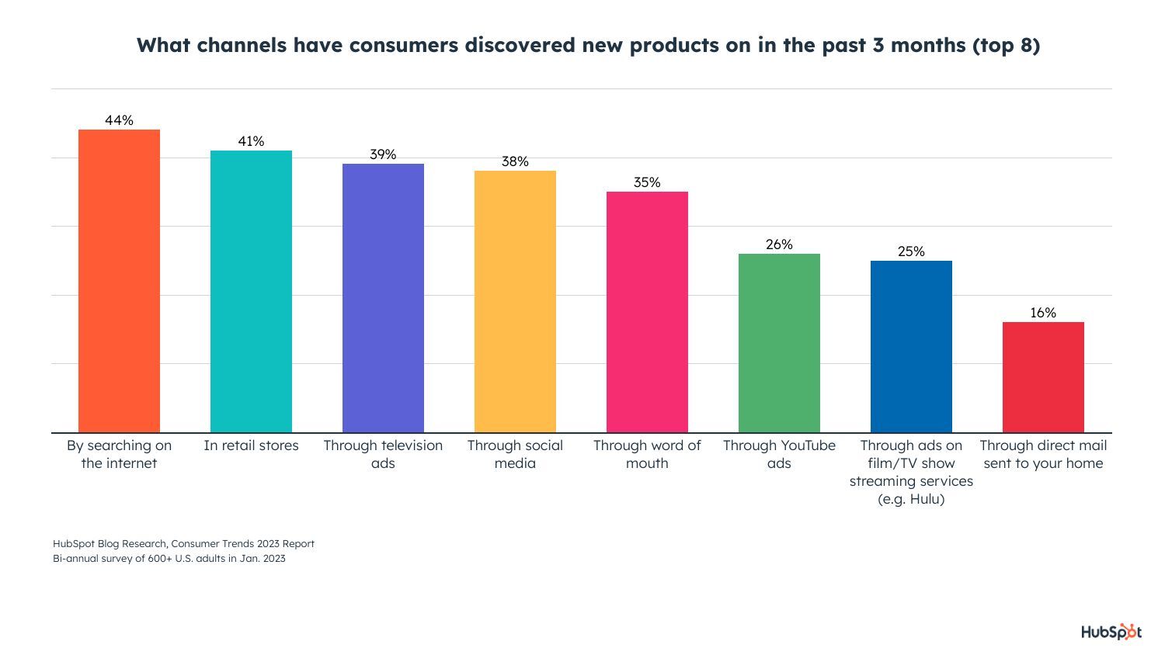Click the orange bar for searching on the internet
pos(119,281)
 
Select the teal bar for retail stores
pos(251,291)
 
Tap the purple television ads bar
pos(383,298)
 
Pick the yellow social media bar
pos(515,301)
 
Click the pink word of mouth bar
pos(647,312)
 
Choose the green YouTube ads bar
pos(779,343)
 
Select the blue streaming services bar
pos(911,346)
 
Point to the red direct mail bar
pos(1043,377)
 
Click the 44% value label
pos(119,120)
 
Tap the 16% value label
pos(1043,313)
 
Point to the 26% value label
pos(779,244)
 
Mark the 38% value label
pos(515,161)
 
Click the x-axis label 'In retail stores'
pos(251,445)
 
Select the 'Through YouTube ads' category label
pos(779,454)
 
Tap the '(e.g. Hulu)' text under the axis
pos(911,499)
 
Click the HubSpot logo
pos(1111,632)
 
